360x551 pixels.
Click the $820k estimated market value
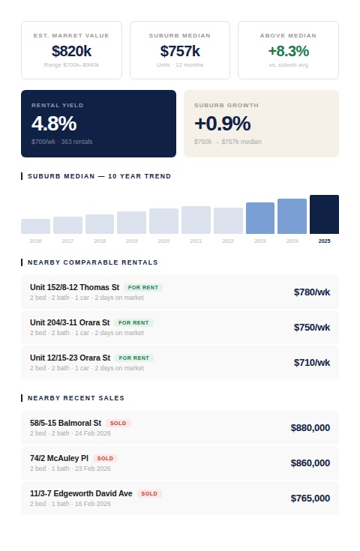(x=71, y=51)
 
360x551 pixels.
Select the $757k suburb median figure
(x=180, y=51)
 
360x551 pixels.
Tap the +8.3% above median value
(x=288, y=51)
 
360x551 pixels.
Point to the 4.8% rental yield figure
(x=54, y=124)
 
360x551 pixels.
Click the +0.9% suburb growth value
(x=222, y=124)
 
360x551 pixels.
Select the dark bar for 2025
(x=324, y=214)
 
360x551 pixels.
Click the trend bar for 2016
(x=35, y=226)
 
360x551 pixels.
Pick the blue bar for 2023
(x=260, y=218)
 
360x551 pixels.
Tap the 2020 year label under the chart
(x=163, y=241)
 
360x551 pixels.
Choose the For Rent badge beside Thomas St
(x=143, y=287)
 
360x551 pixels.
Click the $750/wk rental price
(x=312, y=327)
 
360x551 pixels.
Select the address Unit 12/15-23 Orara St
(x=70, y=358)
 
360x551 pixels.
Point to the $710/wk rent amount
(x=312, y=362)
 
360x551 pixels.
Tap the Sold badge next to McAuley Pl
(x=105, y=458)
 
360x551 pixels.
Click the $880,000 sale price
(x=310, y=427)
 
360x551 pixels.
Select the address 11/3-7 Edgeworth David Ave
(x=81, y=493)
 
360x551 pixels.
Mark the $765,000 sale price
(x=310, y=498)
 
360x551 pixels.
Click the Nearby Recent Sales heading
(x=76, y=398)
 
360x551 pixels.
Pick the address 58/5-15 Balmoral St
(x=65, y=423)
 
